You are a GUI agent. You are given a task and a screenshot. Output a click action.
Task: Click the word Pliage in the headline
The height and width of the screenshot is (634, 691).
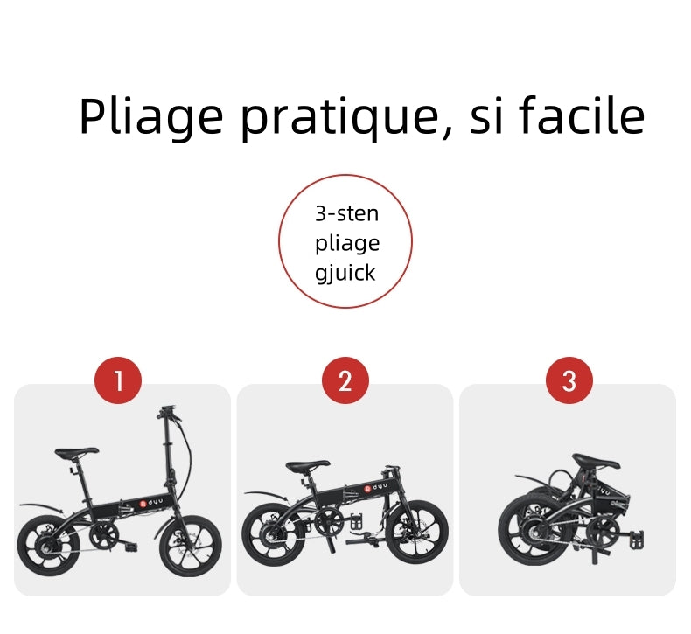151,117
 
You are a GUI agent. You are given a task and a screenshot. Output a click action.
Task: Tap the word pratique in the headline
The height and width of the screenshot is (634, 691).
340,118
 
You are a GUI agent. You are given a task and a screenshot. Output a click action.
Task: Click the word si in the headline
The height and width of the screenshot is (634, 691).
486,116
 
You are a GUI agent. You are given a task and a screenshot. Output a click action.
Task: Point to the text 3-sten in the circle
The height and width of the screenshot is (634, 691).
347,213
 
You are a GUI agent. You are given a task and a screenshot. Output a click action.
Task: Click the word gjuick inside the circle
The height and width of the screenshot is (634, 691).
345,273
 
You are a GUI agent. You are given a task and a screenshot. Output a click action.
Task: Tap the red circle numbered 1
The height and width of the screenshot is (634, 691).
118,380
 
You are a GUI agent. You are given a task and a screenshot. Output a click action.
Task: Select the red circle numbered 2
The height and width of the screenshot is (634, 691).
345,380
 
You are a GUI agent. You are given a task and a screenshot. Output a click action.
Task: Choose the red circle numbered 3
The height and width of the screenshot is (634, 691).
569,380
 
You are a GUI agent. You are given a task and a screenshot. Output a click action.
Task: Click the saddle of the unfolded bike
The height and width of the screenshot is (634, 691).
77,452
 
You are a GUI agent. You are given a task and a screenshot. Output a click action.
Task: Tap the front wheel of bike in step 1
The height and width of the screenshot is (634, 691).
191,546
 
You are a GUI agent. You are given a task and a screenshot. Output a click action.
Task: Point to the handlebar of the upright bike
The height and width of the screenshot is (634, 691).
169,413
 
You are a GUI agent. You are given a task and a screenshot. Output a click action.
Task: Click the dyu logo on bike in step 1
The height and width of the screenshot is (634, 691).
151,503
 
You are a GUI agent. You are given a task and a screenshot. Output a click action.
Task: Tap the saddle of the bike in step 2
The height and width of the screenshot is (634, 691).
308,466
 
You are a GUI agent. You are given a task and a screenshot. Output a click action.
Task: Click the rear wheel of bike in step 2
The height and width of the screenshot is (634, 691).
273,534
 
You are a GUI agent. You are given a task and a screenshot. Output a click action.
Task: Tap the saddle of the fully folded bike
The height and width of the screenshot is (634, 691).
596,461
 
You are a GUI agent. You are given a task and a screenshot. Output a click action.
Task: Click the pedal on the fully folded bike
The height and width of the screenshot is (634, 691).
637,540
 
